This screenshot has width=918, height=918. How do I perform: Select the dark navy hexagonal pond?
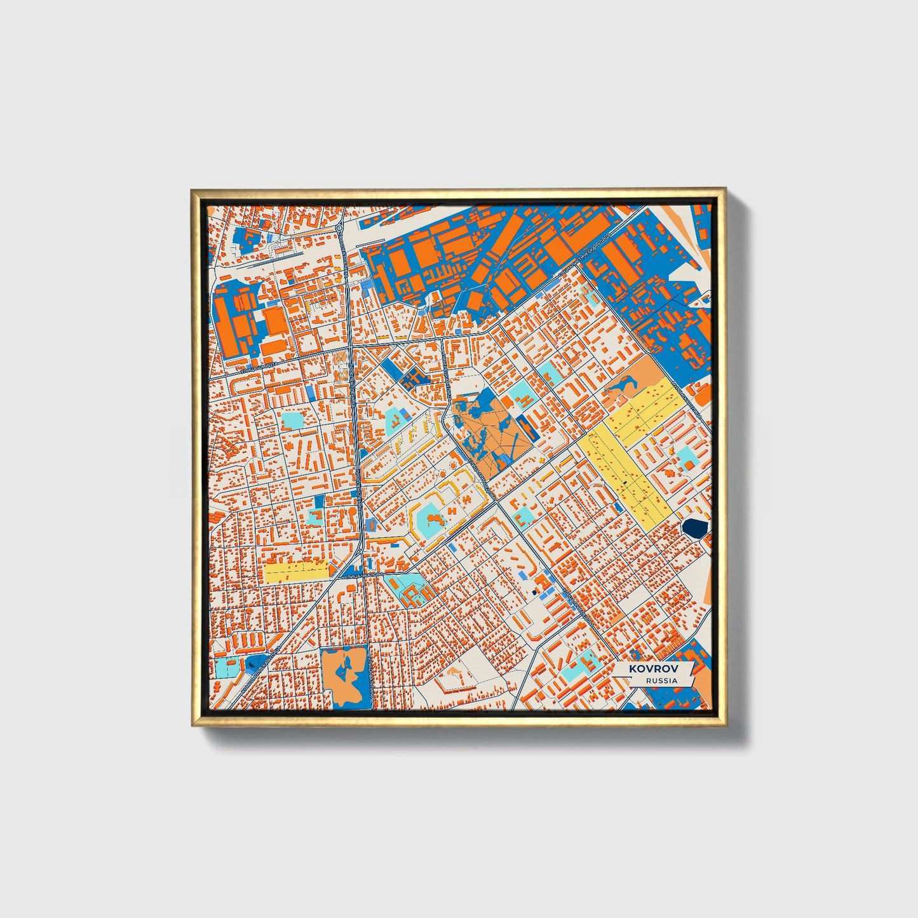coord(695,528)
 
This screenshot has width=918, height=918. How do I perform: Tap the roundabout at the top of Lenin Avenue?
coord(339,226)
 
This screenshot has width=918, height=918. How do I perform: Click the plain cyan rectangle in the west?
coord(293,421)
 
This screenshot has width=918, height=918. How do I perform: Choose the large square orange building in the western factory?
coord(275,320)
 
